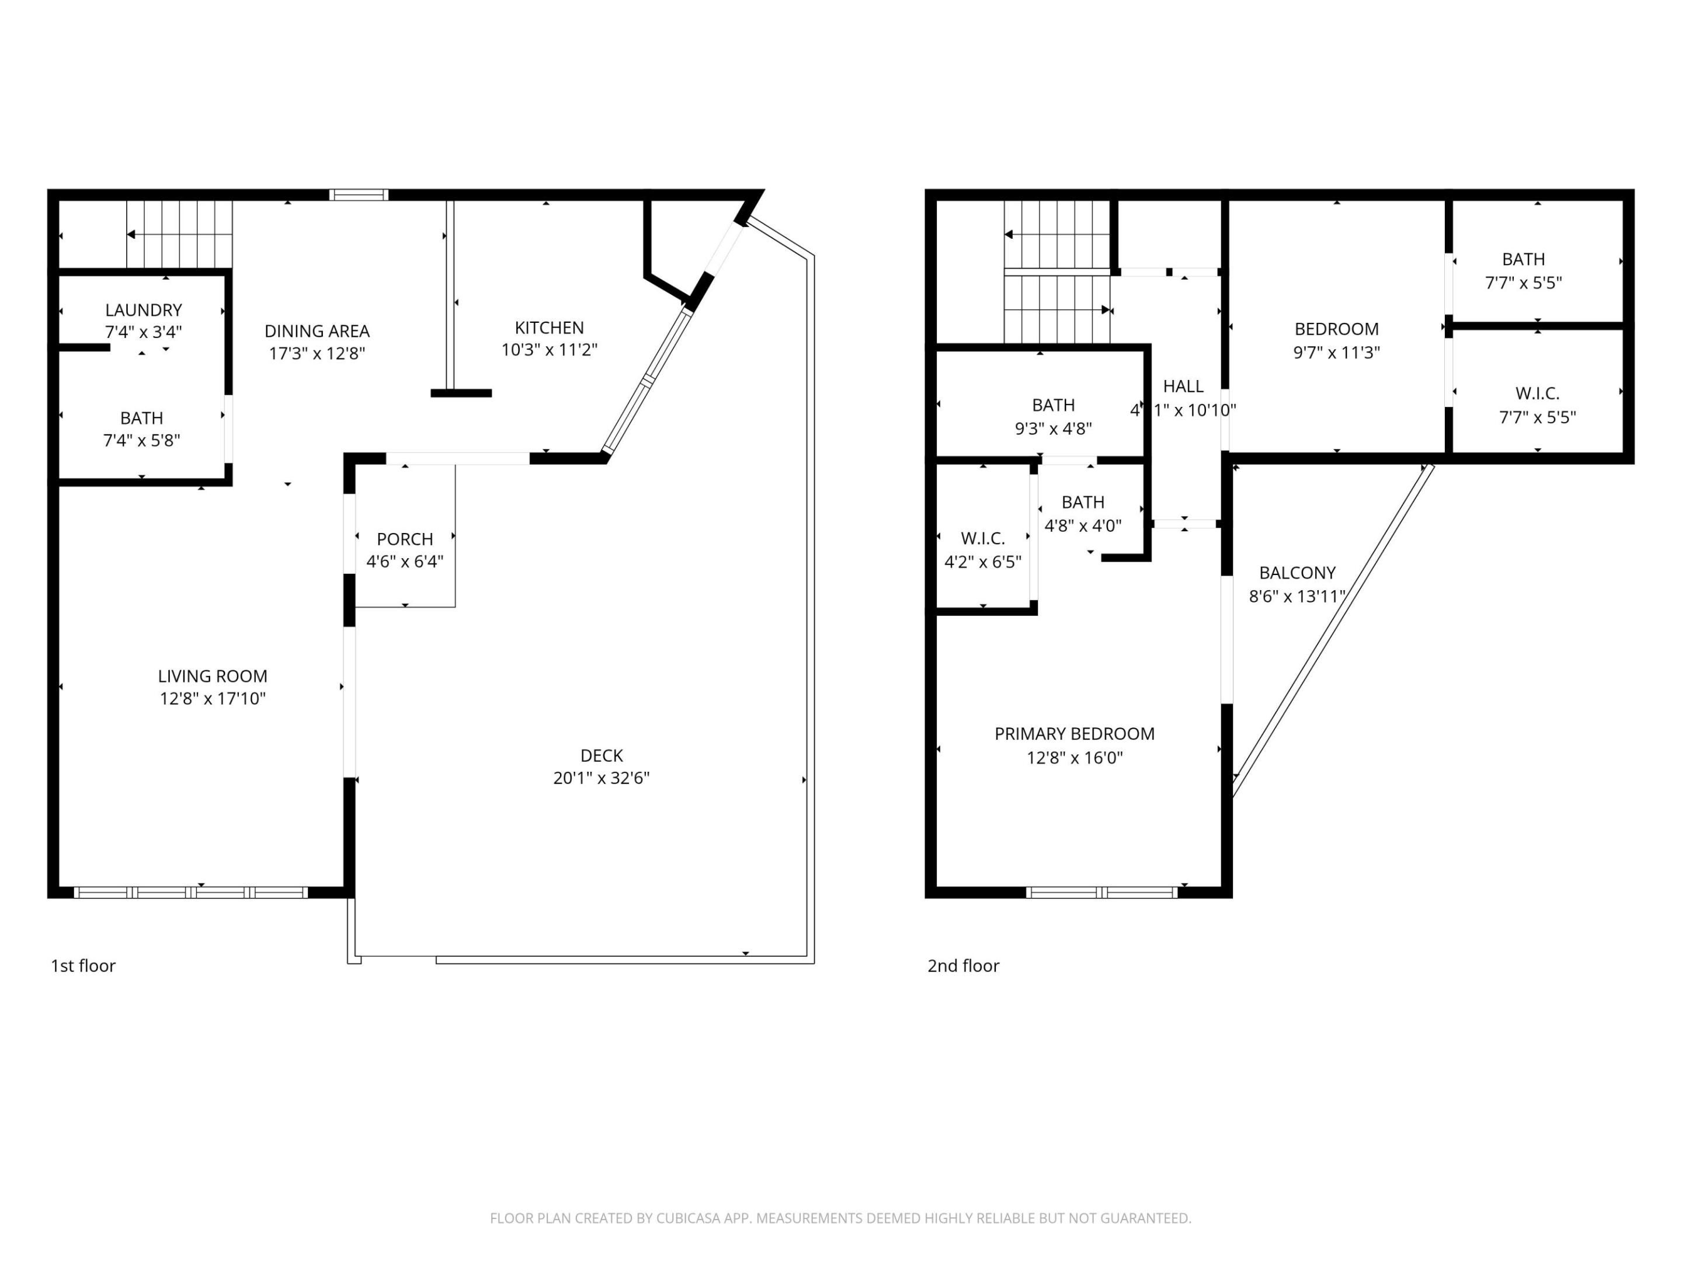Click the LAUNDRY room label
pos(143,310)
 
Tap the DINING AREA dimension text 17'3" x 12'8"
pos(317,353)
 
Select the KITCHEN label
pos(549,328)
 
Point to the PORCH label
pos(405,539)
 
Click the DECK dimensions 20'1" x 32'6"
pos(601,778)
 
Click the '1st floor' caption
pos(83,966)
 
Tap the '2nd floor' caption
pos(962,966)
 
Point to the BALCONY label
pos(1297,572)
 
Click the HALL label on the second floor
pos(1183,386)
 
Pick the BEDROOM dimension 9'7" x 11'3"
pos(1336,352)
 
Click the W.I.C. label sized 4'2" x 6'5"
pos(982,538)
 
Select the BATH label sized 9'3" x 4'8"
pos(1053,405)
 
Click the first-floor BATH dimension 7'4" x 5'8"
pos(141,440)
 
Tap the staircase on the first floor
pos(179,234)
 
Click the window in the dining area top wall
pos(358,194)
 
